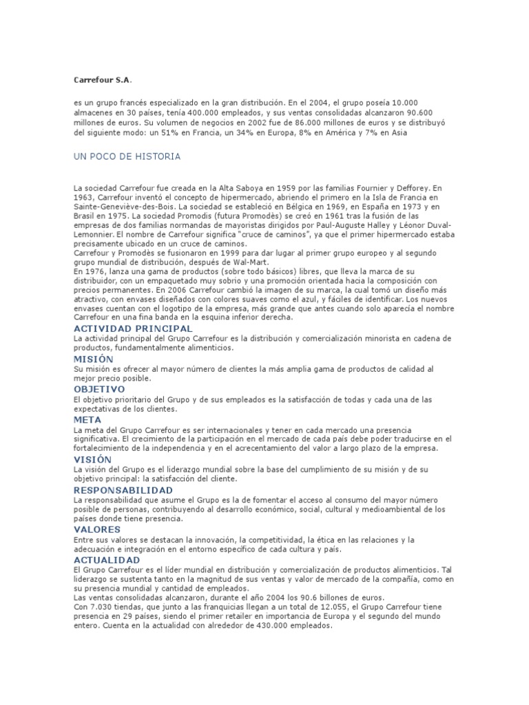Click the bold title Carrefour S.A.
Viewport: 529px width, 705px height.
102,81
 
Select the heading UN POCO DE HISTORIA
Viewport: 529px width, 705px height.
127,157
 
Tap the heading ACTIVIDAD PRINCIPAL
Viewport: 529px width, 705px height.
133,329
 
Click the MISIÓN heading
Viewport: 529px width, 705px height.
94,359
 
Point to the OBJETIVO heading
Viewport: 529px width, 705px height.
99,389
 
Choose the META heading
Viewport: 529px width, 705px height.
87,419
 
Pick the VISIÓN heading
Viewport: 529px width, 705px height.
92,459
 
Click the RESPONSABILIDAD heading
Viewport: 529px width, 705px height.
123,490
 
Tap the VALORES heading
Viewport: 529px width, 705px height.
97,529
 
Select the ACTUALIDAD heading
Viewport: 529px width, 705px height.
106,560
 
